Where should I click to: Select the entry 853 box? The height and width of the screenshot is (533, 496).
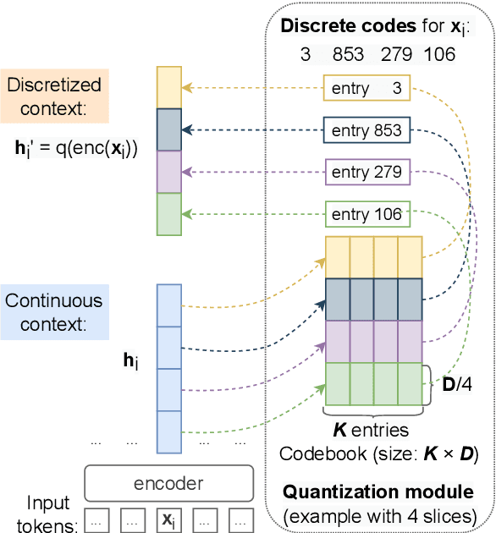point(366,130)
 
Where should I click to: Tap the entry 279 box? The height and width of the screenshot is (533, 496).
point(366,173)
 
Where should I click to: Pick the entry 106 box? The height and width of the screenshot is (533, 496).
point(366,214)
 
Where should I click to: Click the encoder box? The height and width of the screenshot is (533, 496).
point(168,483)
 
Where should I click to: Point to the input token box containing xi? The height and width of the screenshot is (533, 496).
point(168,519)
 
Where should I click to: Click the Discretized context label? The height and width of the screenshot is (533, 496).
point(53,96)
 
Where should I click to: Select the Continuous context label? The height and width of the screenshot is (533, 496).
point(53,310)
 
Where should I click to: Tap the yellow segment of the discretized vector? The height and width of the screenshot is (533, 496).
point(168,87)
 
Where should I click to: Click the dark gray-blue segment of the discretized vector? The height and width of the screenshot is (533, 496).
point(168,129)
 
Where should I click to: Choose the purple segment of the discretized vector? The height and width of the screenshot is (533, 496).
point(168,172)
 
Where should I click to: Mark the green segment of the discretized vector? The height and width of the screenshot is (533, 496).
point(168,214)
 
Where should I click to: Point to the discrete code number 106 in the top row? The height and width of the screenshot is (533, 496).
point(438,54)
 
